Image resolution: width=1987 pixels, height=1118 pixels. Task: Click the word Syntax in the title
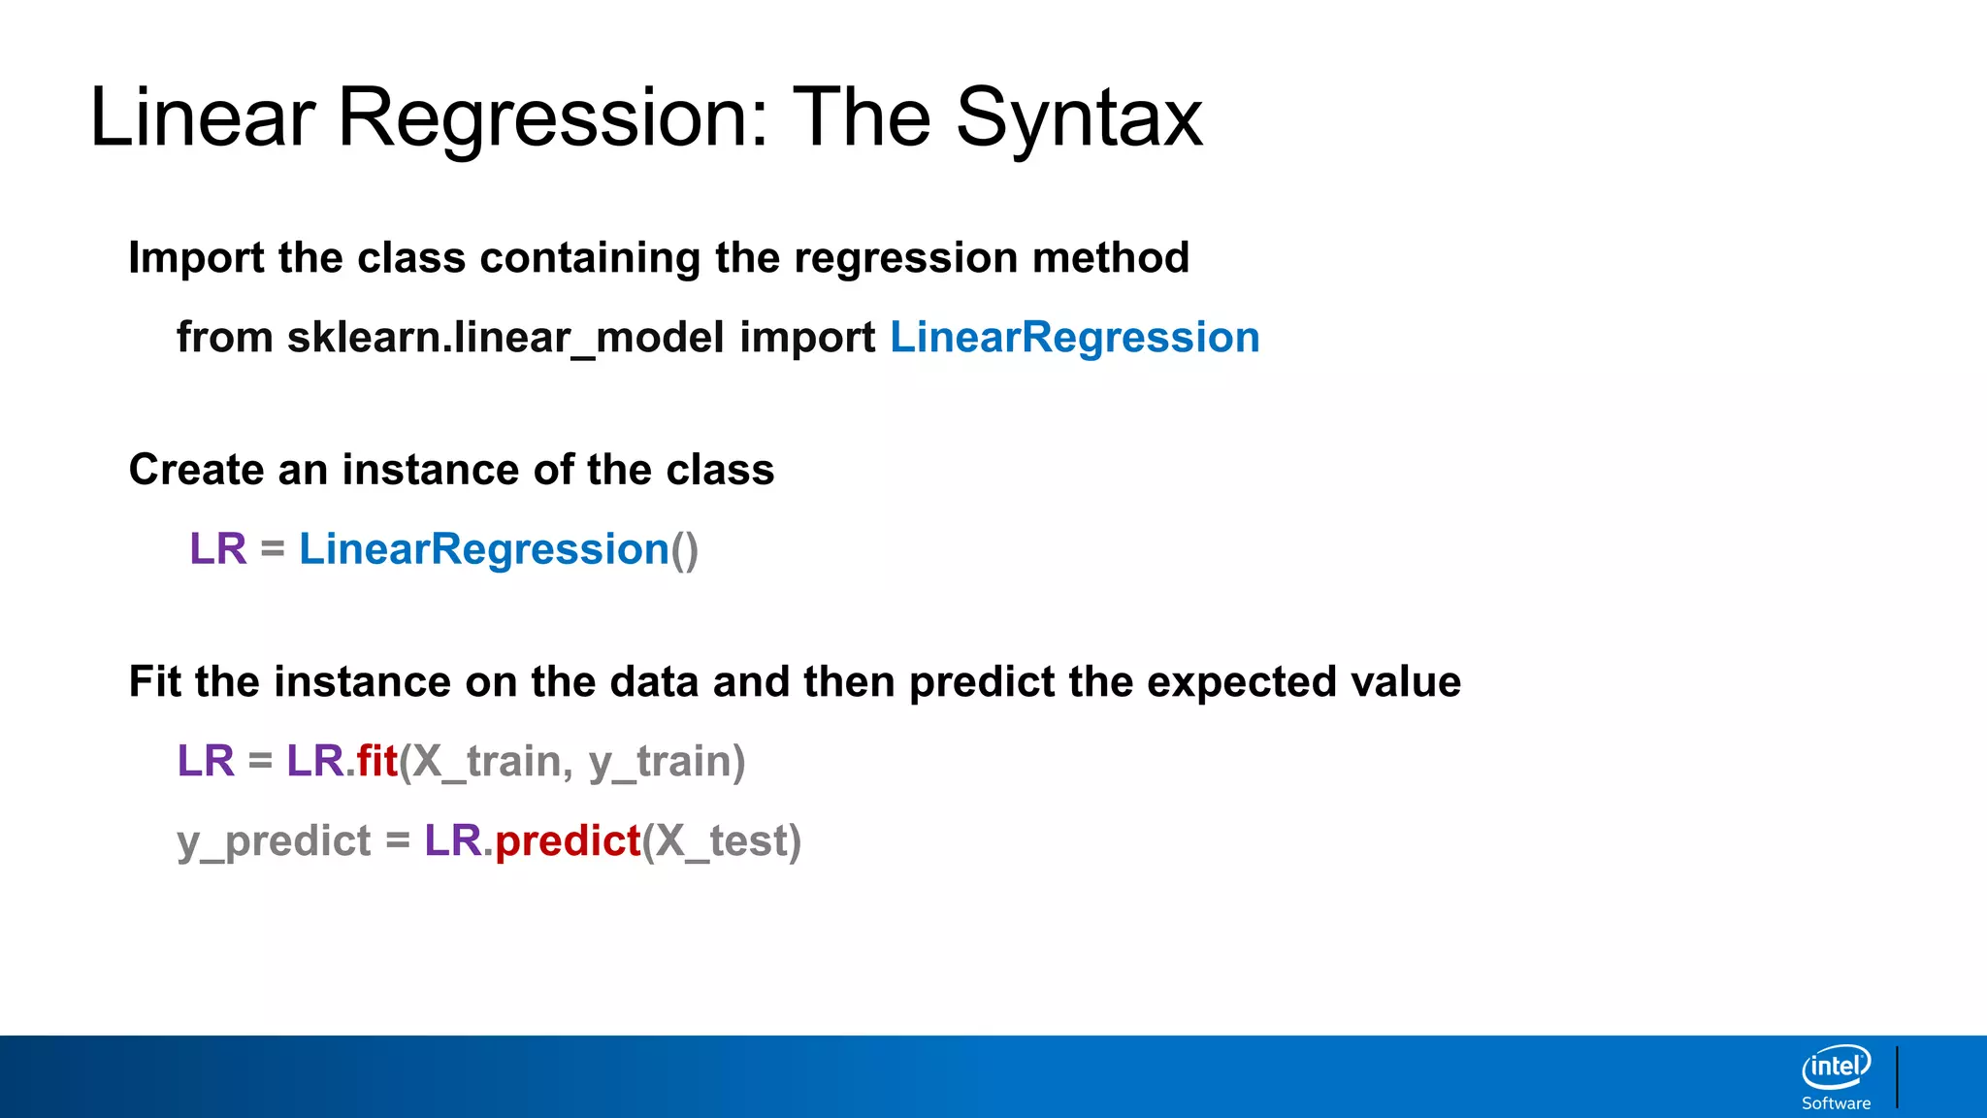(1079, 118)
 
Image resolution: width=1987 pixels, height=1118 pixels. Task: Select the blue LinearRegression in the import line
(1074, 338)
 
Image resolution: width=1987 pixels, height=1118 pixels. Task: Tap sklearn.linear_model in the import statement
(505, 338)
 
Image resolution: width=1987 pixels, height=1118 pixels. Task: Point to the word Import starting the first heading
(196, 258)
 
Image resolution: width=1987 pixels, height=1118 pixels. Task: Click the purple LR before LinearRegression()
(218, 549)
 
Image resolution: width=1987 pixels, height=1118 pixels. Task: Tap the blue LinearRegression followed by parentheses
(483, 549)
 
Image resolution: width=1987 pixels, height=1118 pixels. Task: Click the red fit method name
(377, 761)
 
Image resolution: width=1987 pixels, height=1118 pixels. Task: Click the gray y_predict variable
(274, 840)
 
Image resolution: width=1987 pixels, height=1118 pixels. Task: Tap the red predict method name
(568, 840)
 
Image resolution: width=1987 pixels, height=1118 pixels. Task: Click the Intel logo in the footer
(1836, 1068)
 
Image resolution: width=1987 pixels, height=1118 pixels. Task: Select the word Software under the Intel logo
(1836, 1103)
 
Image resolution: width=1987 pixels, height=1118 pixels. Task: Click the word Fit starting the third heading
(154, 682)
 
